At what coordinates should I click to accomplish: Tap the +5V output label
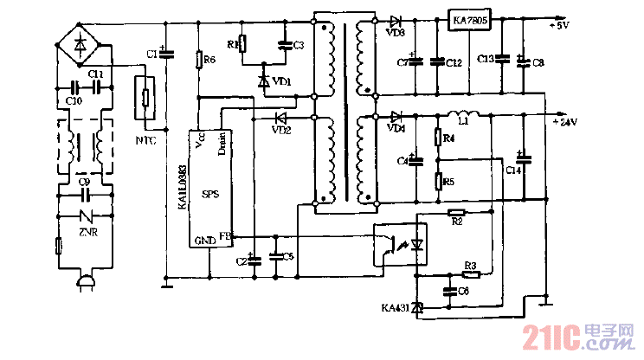coord(558,26)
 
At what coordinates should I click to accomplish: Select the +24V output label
coord(563,122)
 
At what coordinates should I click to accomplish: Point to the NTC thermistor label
coord(145,139)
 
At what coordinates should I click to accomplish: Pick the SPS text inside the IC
coord(210,195)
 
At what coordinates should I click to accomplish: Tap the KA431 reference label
coord(394,307)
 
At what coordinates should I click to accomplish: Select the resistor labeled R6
coord(199,60)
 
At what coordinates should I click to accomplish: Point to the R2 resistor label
coord(456,222)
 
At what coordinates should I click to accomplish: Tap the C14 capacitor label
coord(514,171)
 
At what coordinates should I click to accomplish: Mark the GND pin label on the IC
coord(204,241)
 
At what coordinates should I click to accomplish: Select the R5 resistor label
coord(448,182)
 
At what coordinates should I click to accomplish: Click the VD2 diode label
coord(280,130)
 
